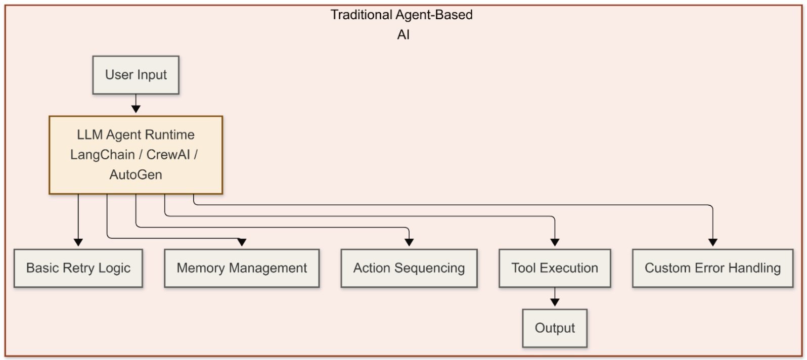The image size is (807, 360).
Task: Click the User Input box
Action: pyautogui.click(x=136, y=75)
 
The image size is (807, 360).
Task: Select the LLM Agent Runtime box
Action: pyautogui.click(x=136, y=155)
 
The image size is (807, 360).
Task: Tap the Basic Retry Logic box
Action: pyautogui.click(x=78, y=268)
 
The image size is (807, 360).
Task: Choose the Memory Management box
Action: pyautogui.click(x=242, y=268)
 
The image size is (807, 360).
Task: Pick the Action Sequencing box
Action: pyautogui.click(x=409, y=268)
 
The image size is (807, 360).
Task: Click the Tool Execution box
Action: pyautogui.click(x=554, y=268)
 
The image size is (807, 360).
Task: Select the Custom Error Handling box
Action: pyautogui.click(x=712, y=268)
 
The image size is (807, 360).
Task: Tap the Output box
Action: pyautogui.click(x=555, y=328)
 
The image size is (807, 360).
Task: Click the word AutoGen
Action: pyautogui.click(x=136, y=175)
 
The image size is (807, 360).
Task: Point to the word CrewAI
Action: pyautogui.click(x=168, y=155)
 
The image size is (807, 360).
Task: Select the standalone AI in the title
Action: pyautogui.click(x=403, y=35)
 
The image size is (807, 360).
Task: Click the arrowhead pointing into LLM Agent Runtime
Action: pyautogui.click(x=136, y=109)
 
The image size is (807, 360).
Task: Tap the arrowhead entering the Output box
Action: pyautogui.click(x=555, y=302)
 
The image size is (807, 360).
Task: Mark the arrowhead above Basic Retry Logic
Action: pyautogui.click(x=78, y=242)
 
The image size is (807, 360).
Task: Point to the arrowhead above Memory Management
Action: pyautogui.click(x=242, y=242)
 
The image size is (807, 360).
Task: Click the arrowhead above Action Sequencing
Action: pyautogui.click(x=409, y=242)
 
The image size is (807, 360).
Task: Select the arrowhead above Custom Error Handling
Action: pyautogui.click(x=712, y=242)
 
